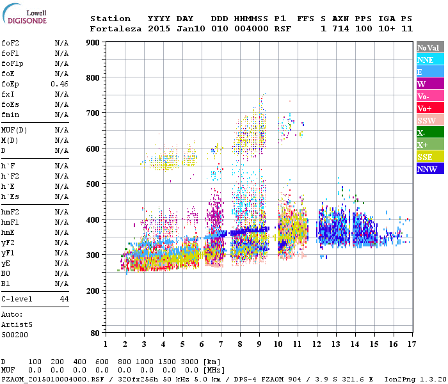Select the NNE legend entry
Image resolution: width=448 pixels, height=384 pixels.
click(x=430, y=60)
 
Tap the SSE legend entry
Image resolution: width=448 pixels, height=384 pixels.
click(x=430, y=157)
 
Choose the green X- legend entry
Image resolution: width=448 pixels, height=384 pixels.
click(x=430, y=132)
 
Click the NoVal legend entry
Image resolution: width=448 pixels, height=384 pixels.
click(x=430, y=47)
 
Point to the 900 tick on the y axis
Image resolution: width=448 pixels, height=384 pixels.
click(x=93, y=43)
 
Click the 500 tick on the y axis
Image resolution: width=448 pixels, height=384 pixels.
click(x=93, y=184)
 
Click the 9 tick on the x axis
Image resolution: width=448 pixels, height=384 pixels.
click(x=259, y=344)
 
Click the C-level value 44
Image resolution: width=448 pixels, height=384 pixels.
click(x=63, y=299)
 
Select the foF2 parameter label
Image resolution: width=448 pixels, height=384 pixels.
click(x=10, y=43)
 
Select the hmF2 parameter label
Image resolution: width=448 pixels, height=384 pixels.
click(x=10, y=212)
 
